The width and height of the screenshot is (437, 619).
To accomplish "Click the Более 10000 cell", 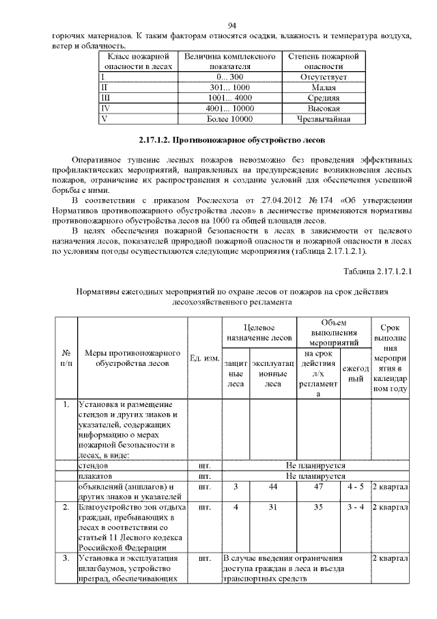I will coord(229,119).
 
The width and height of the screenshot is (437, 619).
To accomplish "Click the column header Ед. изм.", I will coord(203,358).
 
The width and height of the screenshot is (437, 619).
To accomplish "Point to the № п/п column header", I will coord(66,358).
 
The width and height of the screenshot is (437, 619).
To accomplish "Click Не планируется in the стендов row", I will coord(315,464).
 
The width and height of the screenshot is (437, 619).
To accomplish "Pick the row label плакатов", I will coord(97,475).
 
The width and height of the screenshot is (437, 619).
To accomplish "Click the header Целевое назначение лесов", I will coord(259,333).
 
